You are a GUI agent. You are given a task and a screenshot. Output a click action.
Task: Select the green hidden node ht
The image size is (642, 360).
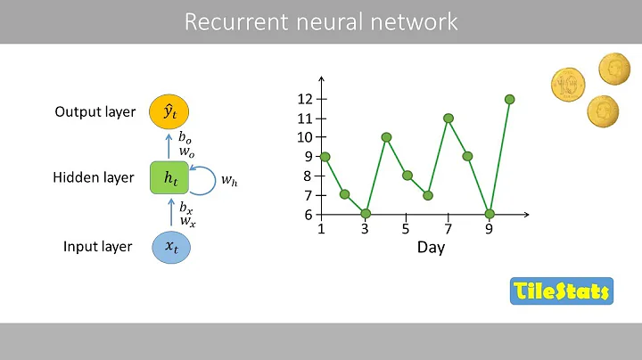pyautogui.click(x=170, y=177)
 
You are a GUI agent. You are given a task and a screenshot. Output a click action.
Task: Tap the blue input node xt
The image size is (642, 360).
pyautogui.click(x=170, y=247)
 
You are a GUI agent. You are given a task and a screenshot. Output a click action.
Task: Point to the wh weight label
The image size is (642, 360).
pyautogui.click(x=229, y=181)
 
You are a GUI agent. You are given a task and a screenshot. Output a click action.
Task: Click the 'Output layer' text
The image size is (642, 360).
pyautogui.click(x=95, y=112)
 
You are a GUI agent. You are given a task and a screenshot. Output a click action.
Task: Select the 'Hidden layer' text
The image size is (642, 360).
pyautogui.click(x=94, y=177)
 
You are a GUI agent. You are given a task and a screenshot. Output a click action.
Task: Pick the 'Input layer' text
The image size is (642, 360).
pyautogui.click(x=98, y=247)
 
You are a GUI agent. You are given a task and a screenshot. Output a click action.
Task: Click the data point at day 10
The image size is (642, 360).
pyautogui.click(x=510, y=99)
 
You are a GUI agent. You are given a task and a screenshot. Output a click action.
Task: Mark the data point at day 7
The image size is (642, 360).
pyautogui.click(x=448, y=118)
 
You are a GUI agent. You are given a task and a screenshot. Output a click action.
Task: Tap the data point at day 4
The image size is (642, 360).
pyautogui.click(x=386, y=137)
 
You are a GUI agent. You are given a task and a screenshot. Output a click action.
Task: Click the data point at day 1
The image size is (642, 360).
pyautogui.click(x=325, y=157)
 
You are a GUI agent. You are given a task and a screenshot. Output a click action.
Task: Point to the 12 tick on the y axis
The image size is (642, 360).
pyautogui.click(x=306, y=99)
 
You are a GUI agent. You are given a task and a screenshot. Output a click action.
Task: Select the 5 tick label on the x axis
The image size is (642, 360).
pyautogui.click(x=406, y=228)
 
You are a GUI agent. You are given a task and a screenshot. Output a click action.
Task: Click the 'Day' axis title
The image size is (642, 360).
pyautogui.click(x=431, y=248)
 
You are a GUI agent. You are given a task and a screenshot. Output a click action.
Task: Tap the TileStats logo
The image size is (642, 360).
pyautogui.click(x=562, y=290)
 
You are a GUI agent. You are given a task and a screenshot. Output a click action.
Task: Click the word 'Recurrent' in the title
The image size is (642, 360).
pyautogui.click(x=226, y=21)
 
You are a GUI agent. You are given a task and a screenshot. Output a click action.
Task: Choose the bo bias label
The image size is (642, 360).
pyautogui.click(x=185, y=137)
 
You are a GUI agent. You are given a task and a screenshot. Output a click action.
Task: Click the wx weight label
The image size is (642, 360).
pyautogui.click(x=186, y=220)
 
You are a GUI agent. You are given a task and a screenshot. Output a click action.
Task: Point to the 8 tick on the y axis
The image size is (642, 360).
pyautogui.click(x=309, y=176)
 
